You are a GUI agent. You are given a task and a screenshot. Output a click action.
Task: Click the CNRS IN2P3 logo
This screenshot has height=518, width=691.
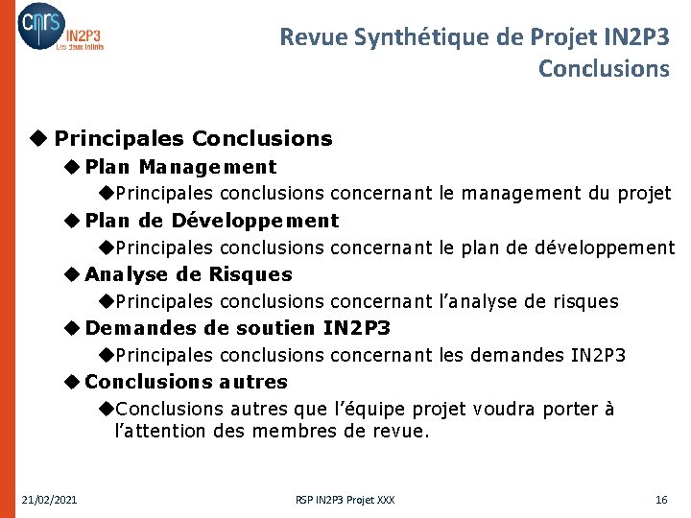[60, 28]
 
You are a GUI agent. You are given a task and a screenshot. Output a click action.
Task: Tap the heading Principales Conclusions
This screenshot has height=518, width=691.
[193, 139]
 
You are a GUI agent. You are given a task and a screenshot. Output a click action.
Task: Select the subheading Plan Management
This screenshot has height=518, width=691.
[180, 167]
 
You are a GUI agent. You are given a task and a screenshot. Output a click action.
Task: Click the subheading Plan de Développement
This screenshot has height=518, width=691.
[211, 221]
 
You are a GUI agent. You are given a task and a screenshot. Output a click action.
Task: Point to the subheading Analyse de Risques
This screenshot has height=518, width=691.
[188, 274]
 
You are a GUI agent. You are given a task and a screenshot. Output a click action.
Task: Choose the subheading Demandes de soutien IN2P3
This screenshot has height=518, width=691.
[237, 328]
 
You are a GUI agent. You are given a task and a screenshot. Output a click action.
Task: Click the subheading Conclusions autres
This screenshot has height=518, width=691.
[186, 382]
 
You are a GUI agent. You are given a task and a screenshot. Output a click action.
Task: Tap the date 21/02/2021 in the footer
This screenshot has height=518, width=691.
[50, 500]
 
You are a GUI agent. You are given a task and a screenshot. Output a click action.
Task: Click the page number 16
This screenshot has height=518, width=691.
[660, 500]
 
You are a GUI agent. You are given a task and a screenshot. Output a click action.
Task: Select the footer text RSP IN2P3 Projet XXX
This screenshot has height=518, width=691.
[345, 500]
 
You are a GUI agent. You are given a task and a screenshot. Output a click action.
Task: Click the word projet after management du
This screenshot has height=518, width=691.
[643, 194]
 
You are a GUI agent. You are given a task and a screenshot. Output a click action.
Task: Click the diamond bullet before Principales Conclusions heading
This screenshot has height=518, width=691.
[38, 139]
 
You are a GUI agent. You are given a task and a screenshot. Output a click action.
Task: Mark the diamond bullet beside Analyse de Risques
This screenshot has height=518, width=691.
[72, 274]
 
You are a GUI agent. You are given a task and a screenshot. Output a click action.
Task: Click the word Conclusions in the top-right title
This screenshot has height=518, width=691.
[604, 69]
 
